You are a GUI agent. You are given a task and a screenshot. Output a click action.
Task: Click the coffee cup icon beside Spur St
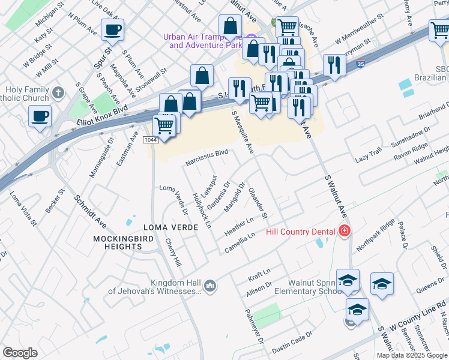pyautogui.click(x=112, y=29)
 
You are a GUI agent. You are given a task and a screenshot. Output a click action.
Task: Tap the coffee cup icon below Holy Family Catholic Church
pyautogui.click(x=40, y=116)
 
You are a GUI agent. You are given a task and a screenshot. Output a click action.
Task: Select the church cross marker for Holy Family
pyautogui.click(x=58, y=92)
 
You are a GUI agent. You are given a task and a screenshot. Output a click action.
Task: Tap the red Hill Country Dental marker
pyautogui.click(x=345, y=231)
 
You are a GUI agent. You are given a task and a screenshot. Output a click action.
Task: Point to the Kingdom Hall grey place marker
pyautogui.click(x=209, y=286)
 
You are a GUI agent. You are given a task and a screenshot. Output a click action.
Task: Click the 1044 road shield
pyautogui.click(x=151, y=140)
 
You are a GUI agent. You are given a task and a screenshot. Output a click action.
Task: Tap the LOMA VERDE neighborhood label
pyautogui.click(x=167, y=228)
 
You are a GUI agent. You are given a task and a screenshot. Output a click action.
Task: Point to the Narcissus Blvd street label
pyautogui.click(x=206, y=158)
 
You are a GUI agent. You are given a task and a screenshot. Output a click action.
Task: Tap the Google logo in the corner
pyautogui.click(x=20, y=353)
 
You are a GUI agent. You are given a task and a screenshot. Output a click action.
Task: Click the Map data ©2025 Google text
pyautogui.click(x=412, y=355)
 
